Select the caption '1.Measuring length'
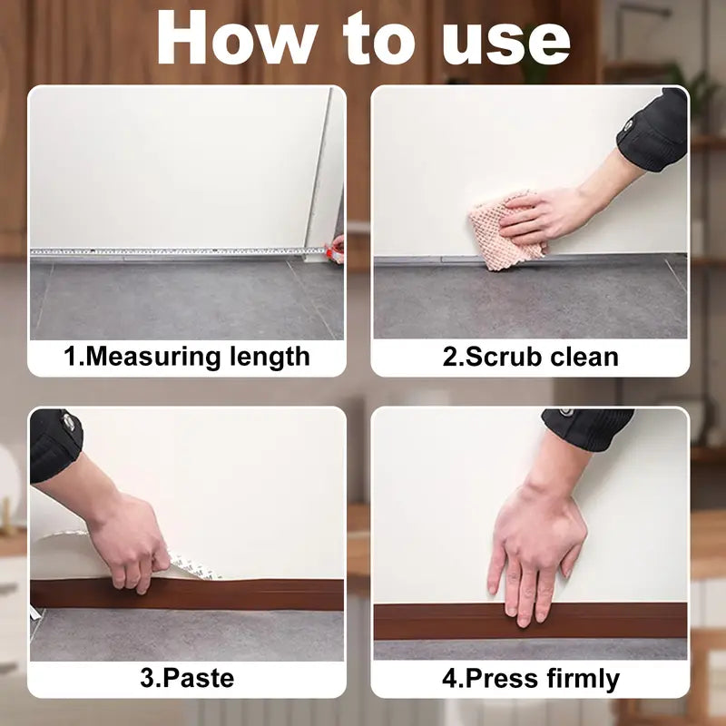[x=186, y=356]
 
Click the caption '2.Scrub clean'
[x=530, y=356]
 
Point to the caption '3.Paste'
[x=186, y=678]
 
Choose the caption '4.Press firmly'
[x=530, y=678]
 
